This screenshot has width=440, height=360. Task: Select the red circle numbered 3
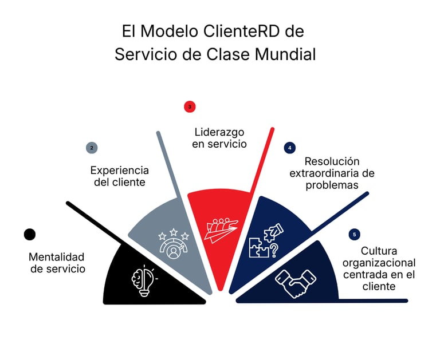coord(190,106)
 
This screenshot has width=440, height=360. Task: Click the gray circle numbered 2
coord(91,148)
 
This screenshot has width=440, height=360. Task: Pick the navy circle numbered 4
coord(290,148)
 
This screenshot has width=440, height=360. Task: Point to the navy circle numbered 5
coord(354,234)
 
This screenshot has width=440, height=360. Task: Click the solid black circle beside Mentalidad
coord(30,234)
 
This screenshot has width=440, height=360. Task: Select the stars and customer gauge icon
coord(173,244)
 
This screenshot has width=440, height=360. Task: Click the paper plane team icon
coord(220,229)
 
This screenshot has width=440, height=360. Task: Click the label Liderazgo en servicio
coord(219,138)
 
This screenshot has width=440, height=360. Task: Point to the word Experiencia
coord(120,171)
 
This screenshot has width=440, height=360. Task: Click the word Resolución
coord(332,161)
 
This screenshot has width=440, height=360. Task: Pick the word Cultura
coord(379,251)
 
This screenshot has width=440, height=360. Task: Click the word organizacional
coord(379,263)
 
